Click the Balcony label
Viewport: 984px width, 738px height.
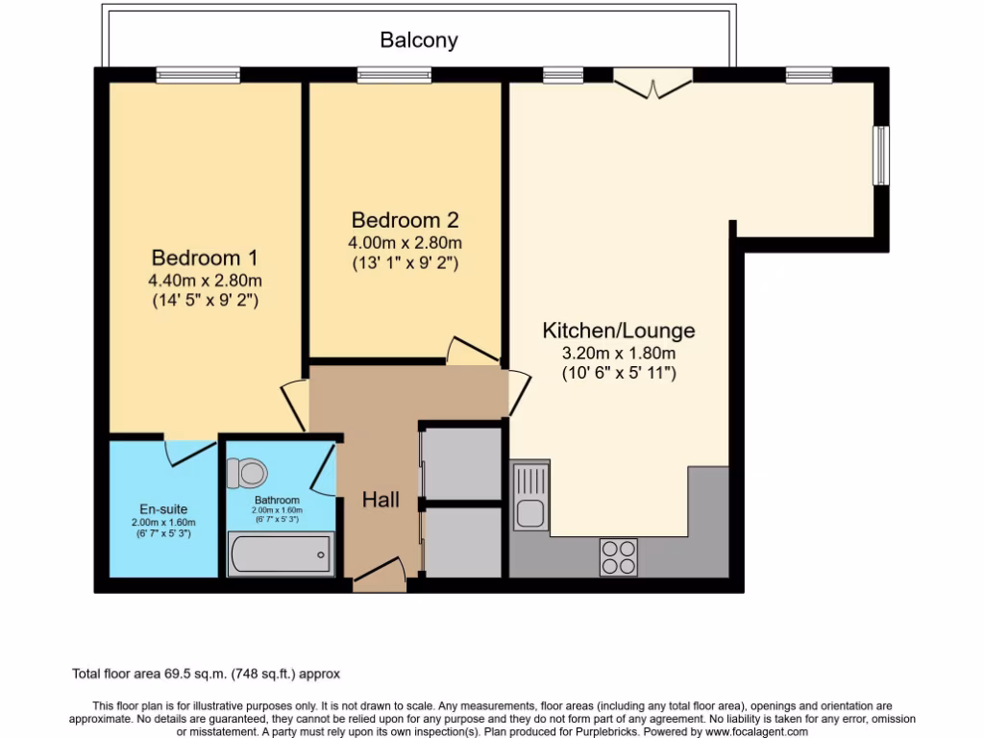tap(419, 40)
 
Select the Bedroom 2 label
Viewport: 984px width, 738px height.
tap(406, 219)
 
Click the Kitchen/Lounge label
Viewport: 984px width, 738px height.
tap(619, 331)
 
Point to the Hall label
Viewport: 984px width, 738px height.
tap(381, 500)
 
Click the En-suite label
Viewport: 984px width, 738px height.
tap(162, 508)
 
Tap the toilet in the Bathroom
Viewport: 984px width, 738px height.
tap(248, 472)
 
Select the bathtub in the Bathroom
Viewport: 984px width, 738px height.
tap(281, 554)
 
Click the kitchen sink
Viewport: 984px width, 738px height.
tap(529, 496)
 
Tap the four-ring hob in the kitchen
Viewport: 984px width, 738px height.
tap(619, 555)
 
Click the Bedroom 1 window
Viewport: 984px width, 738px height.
tap(198, 75)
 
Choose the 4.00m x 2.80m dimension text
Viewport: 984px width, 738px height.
tap(406, 242)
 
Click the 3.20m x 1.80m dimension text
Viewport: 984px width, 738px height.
tap(619, 354)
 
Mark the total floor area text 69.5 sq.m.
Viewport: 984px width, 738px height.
tap(207, 674)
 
